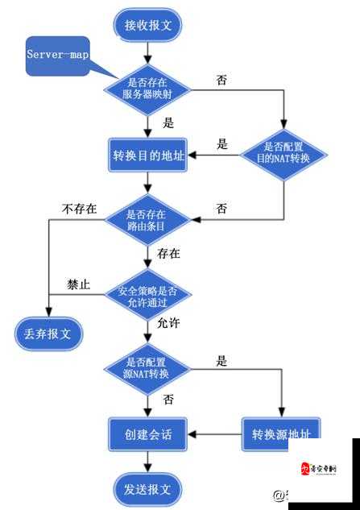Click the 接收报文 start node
[x=148, y=25]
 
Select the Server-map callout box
[x=57, y=56]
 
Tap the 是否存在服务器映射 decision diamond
[x=147, y=87]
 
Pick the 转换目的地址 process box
[x=147, y=155]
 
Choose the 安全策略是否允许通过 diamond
[x=147, y=292]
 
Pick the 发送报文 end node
[x=148, y=488]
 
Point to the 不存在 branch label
[x=80, y=209]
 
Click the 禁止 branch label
[x=78, y=284]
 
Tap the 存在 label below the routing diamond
[x=169, y=254]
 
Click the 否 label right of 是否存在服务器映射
[x=221, y=81]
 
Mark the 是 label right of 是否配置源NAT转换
[x=221, y=362]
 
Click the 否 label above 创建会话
[x=168, y=400]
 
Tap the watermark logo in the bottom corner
[x=318, y=470]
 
